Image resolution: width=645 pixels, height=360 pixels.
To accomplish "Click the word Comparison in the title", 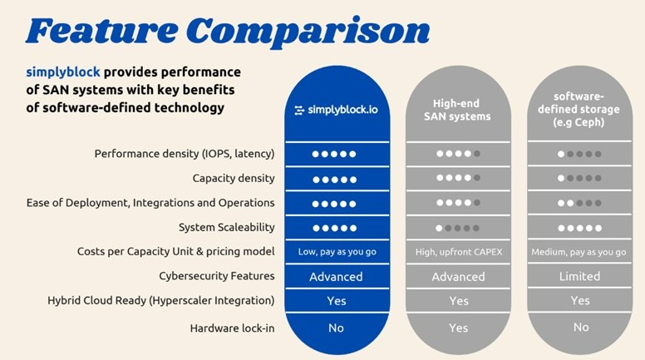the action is point(308,32).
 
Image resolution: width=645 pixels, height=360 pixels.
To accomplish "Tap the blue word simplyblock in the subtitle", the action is point(63,72).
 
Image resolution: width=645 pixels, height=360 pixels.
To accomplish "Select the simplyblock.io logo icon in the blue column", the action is point(299,110).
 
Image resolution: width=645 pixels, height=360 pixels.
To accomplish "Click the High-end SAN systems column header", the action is point(457,110).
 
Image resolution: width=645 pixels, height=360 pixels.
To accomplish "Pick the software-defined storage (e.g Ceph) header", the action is point(579,109).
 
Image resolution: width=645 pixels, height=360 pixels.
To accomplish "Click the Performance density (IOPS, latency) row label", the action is point(185,154).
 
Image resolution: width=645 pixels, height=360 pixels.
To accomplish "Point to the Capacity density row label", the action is point(234,178).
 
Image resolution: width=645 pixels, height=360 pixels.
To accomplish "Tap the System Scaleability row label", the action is point(227,227).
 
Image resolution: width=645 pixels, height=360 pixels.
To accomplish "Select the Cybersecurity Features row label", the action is point(217,276).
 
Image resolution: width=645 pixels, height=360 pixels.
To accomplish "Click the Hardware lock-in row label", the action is point(232,328).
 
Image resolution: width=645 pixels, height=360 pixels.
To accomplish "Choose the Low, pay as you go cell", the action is point(337,252).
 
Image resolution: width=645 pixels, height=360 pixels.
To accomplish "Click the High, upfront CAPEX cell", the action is point(459,252).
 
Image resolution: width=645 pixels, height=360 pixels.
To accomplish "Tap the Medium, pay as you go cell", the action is point(579,252).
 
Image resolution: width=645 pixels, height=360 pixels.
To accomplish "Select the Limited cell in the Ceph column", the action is point(579,276).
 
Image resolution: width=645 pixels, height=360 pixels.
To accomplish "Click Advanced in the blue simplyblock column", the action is point(336,277).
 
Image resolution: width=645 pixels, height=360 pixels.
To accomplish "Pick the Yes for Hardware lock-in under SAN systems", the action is point(458,328).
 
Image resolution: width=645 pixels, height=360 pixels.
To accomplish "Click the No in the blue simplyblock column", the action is point(336,328).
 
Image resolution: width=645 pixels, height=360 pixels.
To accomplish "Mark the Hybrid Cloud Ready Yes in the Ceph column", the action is point(580,301).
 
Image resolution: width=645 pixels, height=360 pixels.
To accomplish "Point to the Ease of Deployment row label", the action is point(150,203).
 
